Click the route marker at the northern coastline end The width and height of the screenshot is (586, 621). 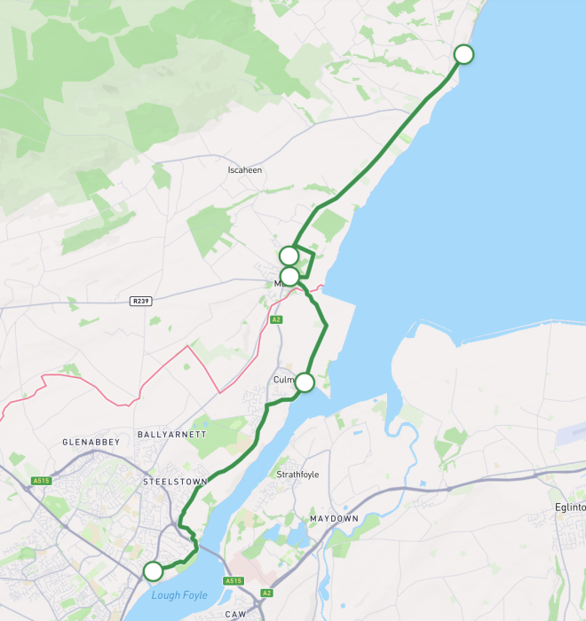coord(463,54)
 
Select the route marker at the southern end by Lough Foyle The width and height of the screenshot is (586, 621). coord(154,570)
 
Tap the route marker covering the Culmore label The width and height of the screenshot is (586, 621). coord(305,382)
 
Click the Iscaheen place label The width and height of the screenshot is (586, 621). coord(245,169)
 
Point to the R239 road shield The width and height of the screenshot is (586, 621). coord(140,301)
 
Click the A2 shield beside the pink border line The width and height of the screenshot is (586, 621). coord(276,319)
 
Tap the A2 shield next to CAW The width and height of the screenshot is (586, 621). coord(266,593)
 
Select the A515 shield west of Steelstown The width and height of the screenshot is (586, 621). coord(40,481)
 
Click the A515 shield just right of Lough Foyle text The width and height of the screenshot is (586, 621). coord(234,581)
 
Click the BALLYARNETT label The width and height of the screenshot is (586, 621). coord(172,435)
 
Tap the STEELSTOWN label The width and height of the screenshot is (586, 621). coord(175,482)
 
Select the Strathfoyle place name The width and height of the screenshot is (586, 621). coord(297,475)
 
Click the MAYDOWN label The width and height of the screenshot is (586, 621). coord(334,517)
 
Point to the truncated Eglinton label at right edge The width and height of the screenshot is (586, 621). coord(569,507)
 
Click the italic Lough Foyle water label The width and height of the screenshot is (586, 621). coord(178,595)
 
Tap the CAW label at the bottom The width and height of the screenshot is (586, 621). coord(235,614)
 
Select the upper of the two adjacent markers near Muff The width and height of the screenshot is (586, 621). coord(289,256)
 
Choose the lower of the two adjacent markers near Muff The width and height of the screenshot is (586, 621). coord(289,276)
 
